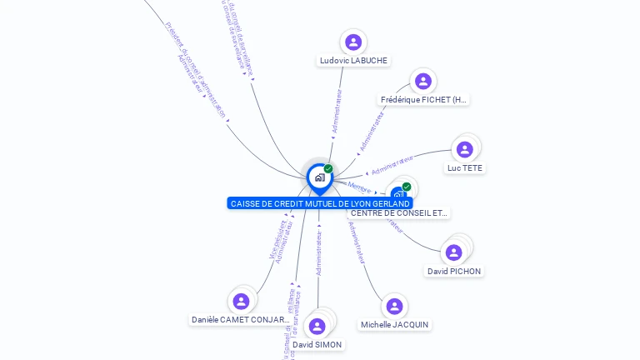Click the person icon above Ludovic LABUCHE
pos(353,42)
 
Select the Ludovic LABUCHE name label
pos(354,61)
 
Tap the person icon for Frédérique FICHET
pos(423,81)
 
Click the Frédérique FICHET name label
pos(424,100)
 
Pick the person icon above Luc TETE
pos(465,149)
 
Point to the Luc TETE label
pos(465,168)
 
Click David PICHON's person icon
pos(454,252)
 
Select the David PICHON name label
pos(454,272)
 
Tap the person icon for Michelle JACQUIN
pos(395,306)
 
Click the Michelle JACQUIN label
pos(395,325)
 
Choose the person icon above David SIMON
pos(317,326)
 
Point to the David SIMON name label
pos(317,345)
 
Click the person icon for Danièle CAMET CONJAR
pos(242,301)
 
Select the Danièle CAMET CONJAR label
pos(241,320)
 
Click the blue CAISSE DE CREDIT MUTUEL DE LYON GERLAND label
pos(320,204)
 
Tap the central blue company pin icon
pos(319,177)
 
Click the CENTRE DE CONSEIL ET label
pos(399,213)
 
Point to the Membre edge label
pos(359,187)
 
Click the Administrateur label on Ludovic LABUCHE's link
pos(337,112)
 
